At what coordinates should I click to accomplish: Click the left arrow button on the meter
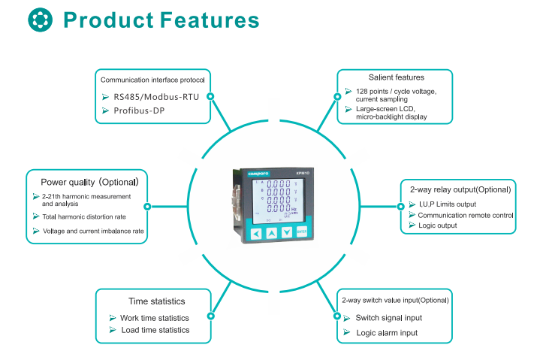[x=256, y=234]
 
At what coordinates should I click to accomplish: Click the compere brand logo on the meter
[x=258, y=174]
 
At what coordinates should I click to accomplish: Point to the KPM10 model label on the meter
[x=299, y=173]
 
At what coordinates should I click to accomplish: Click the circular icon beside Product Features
[x=41, y=20]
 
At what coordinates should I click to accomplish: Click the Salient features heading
[x=396, y=77]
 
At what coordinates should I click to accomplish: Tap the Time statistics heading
[x=156, y=301]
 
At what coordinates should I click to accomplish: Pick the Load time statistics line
[x=155, y=330]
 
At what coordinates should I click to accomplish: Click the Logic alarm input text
[x=387, y=332]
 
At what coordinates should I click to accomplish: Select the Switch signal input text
[x=389, y=318]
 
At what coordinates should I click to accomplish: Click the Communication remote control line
[x=466, y=215]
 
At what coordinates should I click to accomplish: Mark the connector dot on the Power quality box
[x=147, y=206]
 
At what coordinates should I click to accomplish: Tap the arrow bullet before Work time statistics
[x=113, y=318]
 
